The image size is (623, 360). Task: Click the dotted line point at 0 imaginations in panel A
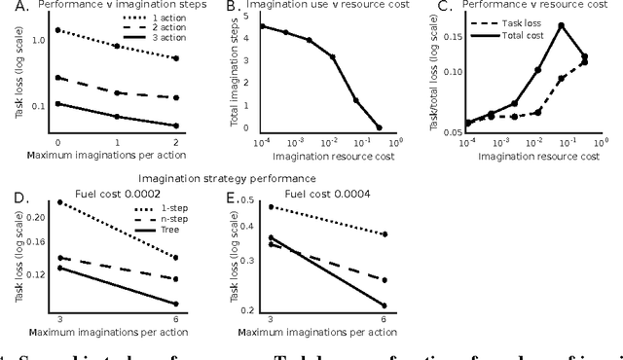click(x=57, y=30)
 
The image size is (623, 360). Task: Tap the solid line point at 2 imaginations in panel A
click(x=175, y=126)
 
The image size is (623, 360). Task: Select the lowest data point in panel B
click(x=379, y=127)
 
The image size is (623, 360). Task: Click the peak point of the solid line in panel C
click(x=562, y=25)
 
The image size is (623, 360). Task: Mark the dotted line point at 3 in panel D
click(x=59, y=202)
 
